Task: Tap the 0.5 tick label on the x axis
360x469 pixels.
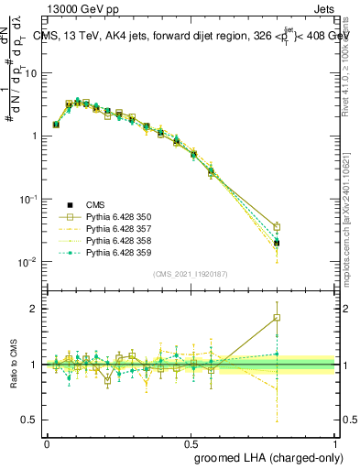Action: click(x=191, y=442)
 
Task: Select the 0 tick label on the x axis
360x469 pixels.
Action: click(x=47, y=442)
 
